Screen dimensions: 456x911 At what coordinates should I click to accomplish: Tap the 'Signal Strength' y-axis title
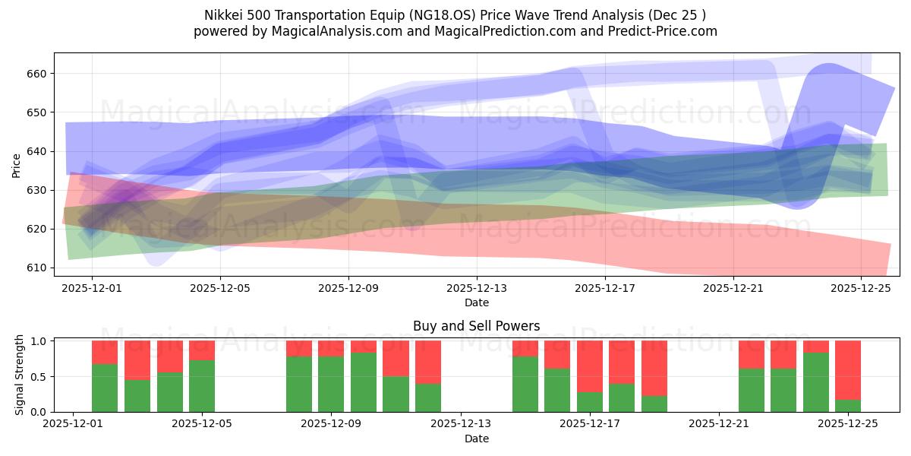coord(20,376)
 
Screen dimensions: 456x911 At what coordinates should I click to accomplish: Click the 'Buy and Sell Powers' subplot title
coord(476,326)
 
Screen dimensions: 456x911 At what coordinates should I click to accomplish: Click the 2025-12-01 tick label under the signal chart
coord(73,424)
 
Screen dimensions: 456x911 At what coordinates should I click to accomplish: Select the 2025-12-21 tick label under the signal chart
coord(719,424)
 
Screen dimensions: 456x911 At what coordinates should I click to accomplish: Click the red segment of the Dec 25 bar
coord(848,370)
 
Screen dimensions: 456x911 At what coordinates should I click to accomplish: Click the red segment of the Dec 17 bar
coord(590,366)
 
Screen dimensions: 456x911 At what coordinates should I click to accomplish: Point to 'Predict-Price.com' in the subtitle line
coord(666,31)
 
